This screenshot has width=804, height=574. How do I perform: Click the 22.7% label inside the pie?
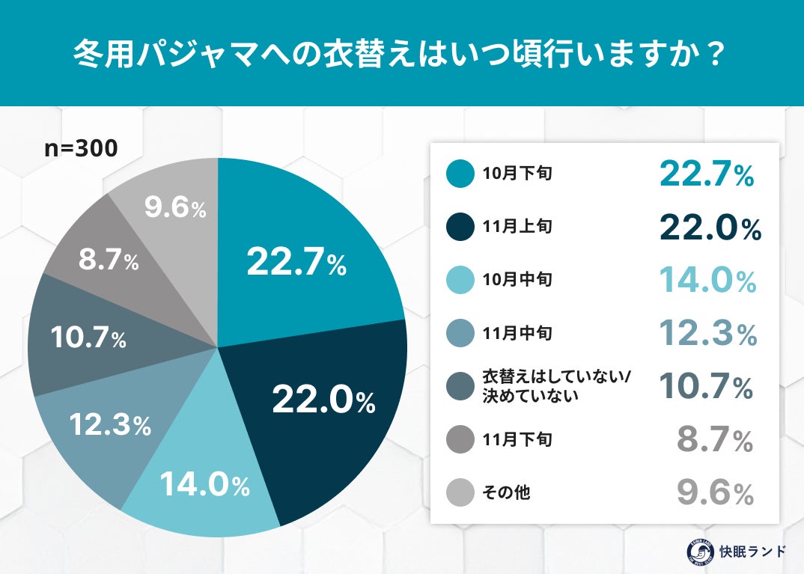(x=296, y=262)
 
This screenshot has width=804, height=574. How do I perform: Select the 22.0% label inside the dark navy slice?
(x=323, y=401)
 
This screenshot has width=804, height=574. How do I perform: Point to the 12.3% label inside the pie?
(x=110, y=425)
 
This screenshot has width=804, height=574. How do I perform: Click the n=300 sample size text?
(x=81, y=148)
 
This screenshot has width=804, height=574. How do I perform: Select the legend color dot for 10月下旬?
(x=460, y=174)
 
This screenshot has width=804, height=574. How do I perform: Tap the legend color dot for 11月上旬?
(x=460, y=227)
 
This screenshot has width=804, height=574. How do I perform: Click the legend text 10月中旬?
(x=517, y=280)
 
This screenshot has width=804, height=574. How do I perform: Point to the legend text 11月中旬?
(x=517, y=333)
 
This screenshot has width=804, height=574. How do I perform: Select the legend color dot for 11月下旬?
(x=460, y=440)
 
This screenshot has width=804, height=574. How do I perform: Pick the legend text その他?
(x=506, y=493)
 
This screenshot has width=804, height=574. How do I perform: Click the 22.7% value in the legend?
(x=706, y=174)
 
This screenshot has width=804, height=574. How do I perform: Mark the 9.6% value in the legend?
(x=715, y=494)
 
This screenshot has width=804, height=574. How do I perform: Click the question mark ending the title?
(x=714, y=55)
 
